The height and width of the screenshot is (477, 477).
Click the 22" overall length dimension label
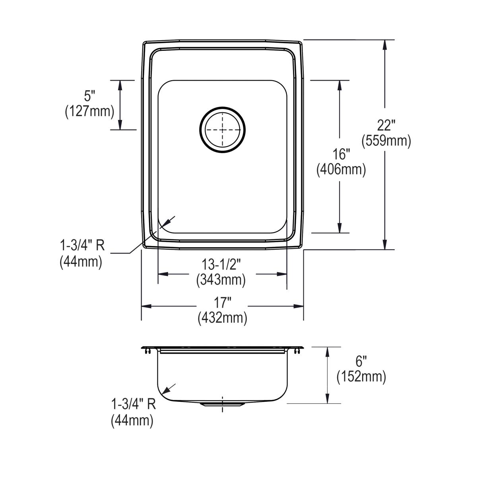[x=386, y=125]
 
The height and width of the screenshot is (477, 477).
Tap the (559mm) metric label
[x=386, y=142]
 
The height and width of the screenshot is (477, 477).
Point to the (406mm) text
[x=341, y=170]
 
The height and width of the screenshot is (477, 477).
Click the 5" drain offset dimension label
[x=89, y=96]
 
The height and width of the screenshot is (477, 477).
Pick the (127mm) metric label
[x=89, y=112]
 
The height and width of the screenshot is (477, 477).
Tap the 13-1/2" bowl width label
[x=221, y=264]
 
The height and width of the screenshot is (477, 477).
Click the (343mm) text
[x=221, y=280]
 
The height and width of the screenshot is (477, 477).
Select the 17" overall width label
[x=223, y=303]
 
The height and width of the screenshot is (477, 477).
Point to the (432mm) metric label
[x=222, y=318]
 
